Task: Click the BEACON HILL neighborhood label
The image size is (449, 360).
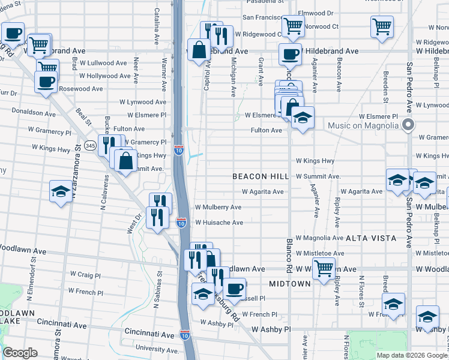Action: click(x=257, y=176)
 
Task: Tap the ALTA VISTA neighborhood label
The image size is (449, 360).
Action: click(x=371, y=238)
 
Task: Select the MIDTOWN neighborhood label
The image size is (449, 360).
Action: click(x=290, y=283)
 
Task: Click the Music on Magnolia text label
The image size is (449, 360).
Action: click(x=364, y=125)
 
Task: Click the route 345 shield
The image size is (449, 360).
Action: click(x=91, y=145)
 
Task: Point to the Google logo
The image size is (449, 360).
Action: click(x=20, y=353)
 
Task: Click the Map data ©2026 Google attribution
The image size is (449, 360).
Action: click(x=412, y=355)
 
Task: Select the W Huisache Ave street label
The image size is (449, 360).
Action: click(x=218, y=223)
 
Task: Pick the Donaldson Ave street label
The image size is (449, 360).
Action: click(x=34, y=112)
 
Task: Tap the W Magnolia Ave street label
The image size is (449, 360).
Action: click(x=319, y=238)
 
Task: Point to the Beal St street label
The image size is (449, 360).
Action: click(x=83, y=116)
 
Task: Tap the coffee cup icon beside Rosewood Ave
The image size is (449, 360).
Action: click(x=46, y=82)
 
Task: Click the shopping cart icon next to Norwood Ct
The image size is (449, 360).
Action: click(x=292, y=25)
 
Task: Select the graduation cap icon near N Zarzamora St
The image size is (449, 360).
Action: click(x=60, y=191)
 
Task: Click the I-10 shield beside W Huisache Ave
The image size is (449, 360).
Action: click(x=181, y=223)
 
